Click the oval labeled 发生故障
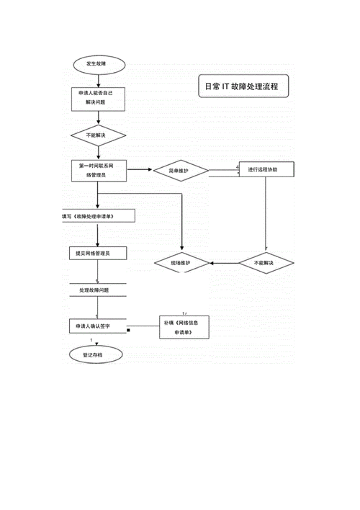(x=99, y=64)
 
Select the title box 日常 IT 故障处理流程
(x=243, y=86)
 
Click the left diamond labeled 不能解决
(x=98, y=135)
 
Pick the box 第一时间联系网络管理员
(x=99, y=171)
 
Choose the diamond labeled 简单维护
(x=181, y=171)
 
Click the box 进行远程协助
(x=266, y=169)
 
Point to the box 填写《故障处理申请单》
(x=99, y=216)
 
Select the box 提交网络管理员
(x=98, y=253)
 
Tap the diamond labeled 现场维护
(x=181, y=263)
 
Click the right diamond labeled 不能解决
(x=266, y=263)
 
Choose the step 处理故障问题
(x=98, y=290)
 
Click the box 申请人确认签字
(x=98, y=326)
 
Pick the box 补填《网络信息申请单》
(x=184, y=327)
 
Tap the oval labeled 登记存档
(x=96, y=355)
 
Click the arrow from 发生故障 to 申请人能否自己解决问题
(x=99, y=81)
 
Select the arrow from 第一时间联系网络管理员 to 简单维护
(x=140, y=169)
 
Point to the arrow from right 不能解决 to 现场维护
(x=224, y=263)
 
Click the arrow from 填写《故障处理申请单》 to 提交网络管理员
(x=98, y=235)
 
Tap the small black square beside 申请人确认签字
(x=128, y=330)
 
